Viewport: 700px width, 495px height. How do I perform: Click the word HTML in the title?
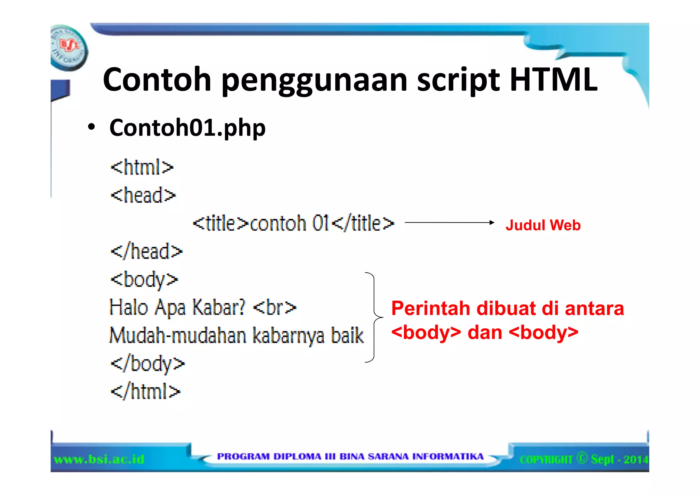click(553, 80)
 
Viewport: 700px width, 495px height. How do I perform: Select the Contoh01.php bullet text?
click(187, 128)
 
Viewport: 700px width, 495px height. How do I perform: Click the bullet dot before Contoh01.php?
click(91, 127)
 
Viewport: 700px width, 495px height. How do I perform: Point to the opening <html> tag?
click(142, 167)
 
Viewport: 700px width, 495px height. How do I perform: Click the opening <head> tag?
click(143, 195)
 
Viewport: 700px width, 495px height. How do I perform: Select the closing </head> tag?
click(147, 251)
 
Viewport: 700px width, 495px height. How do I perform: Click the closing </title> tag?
click(363, 223)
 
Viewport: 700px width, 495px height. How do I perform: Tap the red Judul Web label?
click(543, 225)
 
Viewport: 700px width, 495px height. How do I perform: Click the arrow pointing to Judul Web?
click(449, 223)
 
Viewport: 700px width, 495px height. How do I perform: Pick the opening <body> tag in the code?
click(144, 280)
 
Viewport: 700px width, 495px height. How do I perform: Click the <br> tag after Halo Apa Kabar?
click(274, 308)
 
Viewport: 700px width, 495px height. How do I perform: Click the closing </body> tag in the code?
click(148, 364)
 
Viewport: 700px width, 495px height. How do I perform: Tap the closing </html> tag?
click(146, 391)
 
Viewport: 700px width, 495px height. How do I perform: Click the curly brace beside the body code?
click(374, 317)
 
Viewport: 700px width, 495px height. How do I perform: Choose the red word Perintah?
click(431, 309)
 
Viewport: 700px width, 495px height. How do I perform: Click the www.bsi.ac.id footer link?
click(99, 459)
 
